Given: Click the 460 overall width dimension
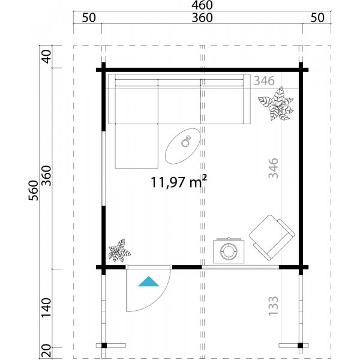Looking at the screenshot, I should [202, 5].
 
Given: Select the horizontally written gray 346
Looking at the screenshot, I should [263, 80].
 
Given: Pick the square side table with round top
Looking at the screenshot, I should [228, 250].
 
